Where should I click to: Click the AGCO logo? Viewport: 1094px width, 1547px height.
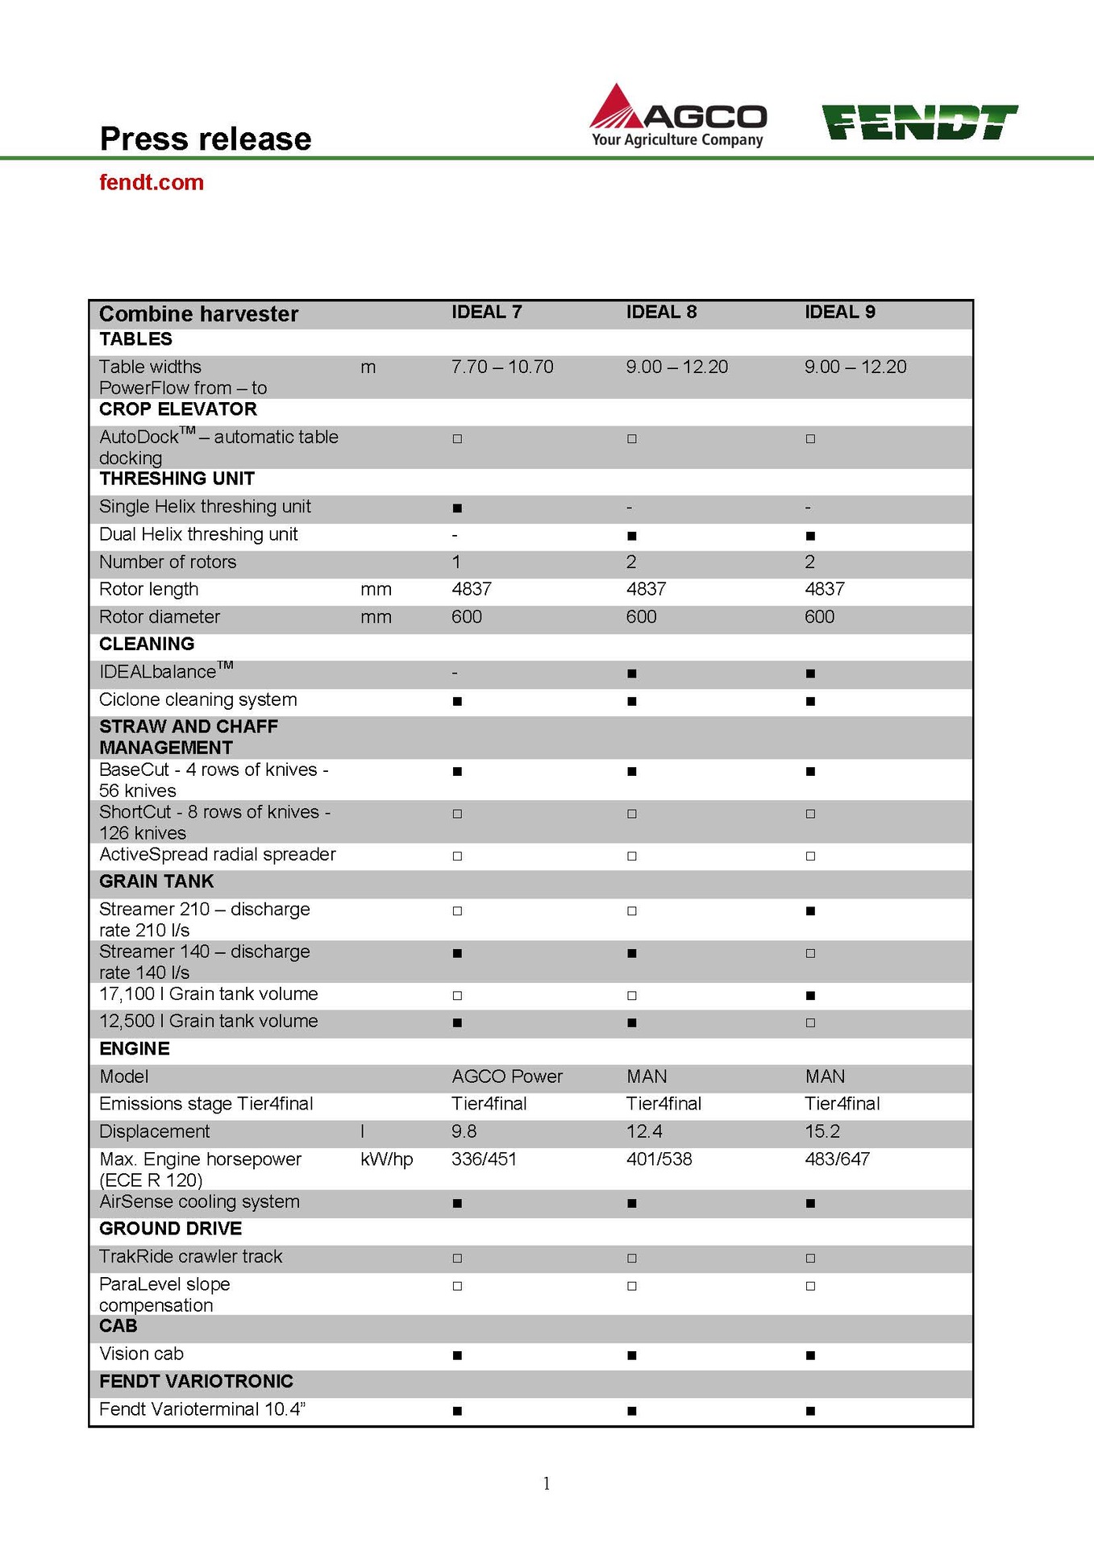pyautogui.click(x=677, y=116)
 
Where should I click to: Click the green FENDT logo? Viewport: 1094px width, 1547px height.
pyautogui.click(x=919, y=122)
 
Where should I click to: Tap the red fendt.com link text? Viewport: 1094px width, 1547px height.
pyautogui.click(x=152, y=183)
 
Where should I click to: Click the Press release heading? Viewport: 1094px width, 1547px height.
pyautogui.click(x=206, y=139)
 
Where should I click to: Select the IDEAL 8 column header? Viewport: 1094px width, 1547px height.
pyautogui.click(x=661, y=313)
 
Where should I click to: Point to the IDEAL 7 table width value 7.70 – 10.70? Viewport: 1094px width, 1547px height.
pyautogui.click(x=502, y=367)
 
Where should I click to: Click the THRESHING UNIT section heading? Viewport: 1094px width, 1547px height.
pyautogui.click(x=177, y=479)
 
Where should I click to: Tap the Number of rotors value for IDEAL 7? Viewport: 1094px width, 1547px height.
pyautogui.click(x=456, y=562)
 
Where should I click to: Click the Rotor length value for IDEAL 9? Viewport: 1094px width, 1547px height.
pyautogui.click(x=824, y=590)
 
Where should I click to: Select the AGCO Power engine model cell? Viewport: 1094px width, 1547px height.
pyautogui.click(x=507, y=1077)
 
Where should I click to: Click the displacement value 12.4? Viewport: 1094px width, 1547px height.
pyautogui.click(x=644, y=1132)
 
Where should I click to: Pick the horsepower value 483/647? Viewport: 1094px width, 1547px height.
pyautogui.click(x=837, y=1159)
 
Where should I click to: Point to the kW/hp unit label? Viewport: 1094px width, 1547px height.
pyautogui.click(x=386, y=1159)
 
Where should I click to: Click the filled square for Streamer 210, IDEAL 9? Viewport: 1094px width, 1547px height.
pyautogui.click(x=810, y=911)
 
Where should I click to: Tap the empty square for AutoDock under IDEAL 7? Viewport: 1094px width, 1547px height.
pyautogui.click(x=457, y=439)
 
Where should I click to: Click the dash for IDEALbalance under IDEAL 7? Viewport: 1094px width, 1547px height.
pyautogui.click(x=455, y=673)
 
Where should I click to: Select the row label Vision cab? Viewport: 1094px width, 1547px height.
pyautogui.click(x=141, y=1354)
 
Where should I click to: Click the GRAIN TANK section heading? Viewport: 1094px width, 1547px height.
pyautogui.click(x=156, y=882)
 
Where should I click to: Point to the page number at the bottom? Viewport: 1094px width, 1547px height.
pyautogui.click(x=547, y=1483)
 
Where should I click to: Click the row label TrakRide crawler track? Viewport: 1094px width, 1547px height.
pyautogui.click(x=190, y=1257)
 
